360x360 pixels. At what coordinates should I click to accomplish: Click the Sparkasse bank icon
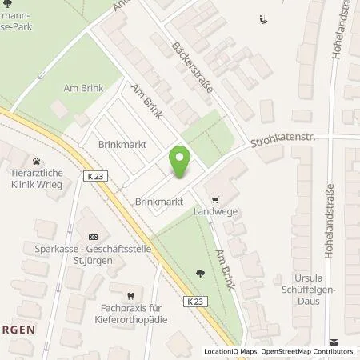pyautogui.click(x=92, y=237)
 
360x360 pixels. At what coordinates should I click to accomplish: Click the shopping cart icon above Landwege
pyautogui.click(x=214, y=200)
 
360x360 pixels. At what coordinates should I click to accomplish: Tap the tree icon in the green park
pyautogui.click(x=198, y=275)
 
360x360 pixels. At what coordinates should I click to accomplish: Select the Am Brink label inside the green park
pyautogui.click(x=77, y=86)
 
